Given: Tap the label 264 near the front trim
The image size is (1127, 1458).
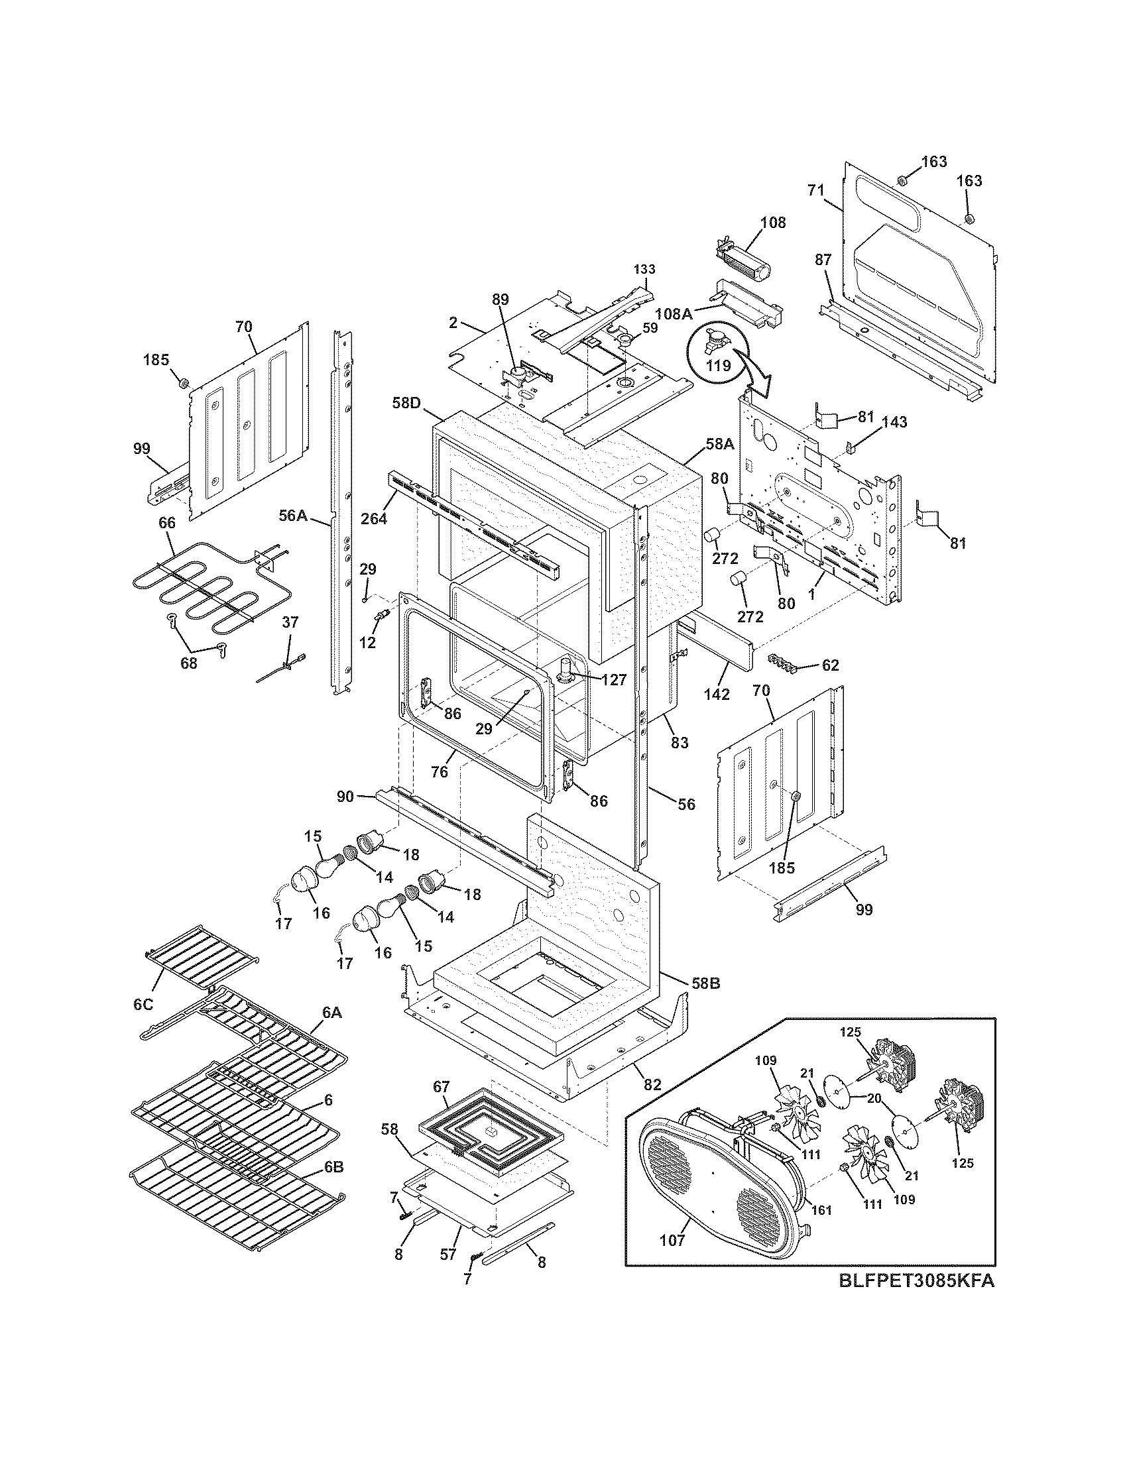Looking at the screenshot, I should (x=374, y=518).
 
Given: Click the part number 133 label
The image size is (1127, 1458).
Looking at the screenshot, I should (x=644, y=269).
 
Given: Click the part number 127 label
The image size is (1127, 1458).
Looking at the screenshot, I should (x=613, y=679).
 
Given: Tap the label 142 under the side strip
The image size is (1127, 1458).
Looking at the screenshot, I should (x=717, y=695).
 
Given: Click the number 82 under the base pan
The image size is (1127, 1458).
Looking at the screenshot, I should (x=652, y=1085).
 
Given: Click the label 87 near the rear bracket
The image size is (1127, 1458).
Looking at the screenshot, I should (x=823, y=260).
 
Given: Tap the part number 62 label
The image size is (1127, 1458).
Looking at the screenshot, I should (x=830, y=665).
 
